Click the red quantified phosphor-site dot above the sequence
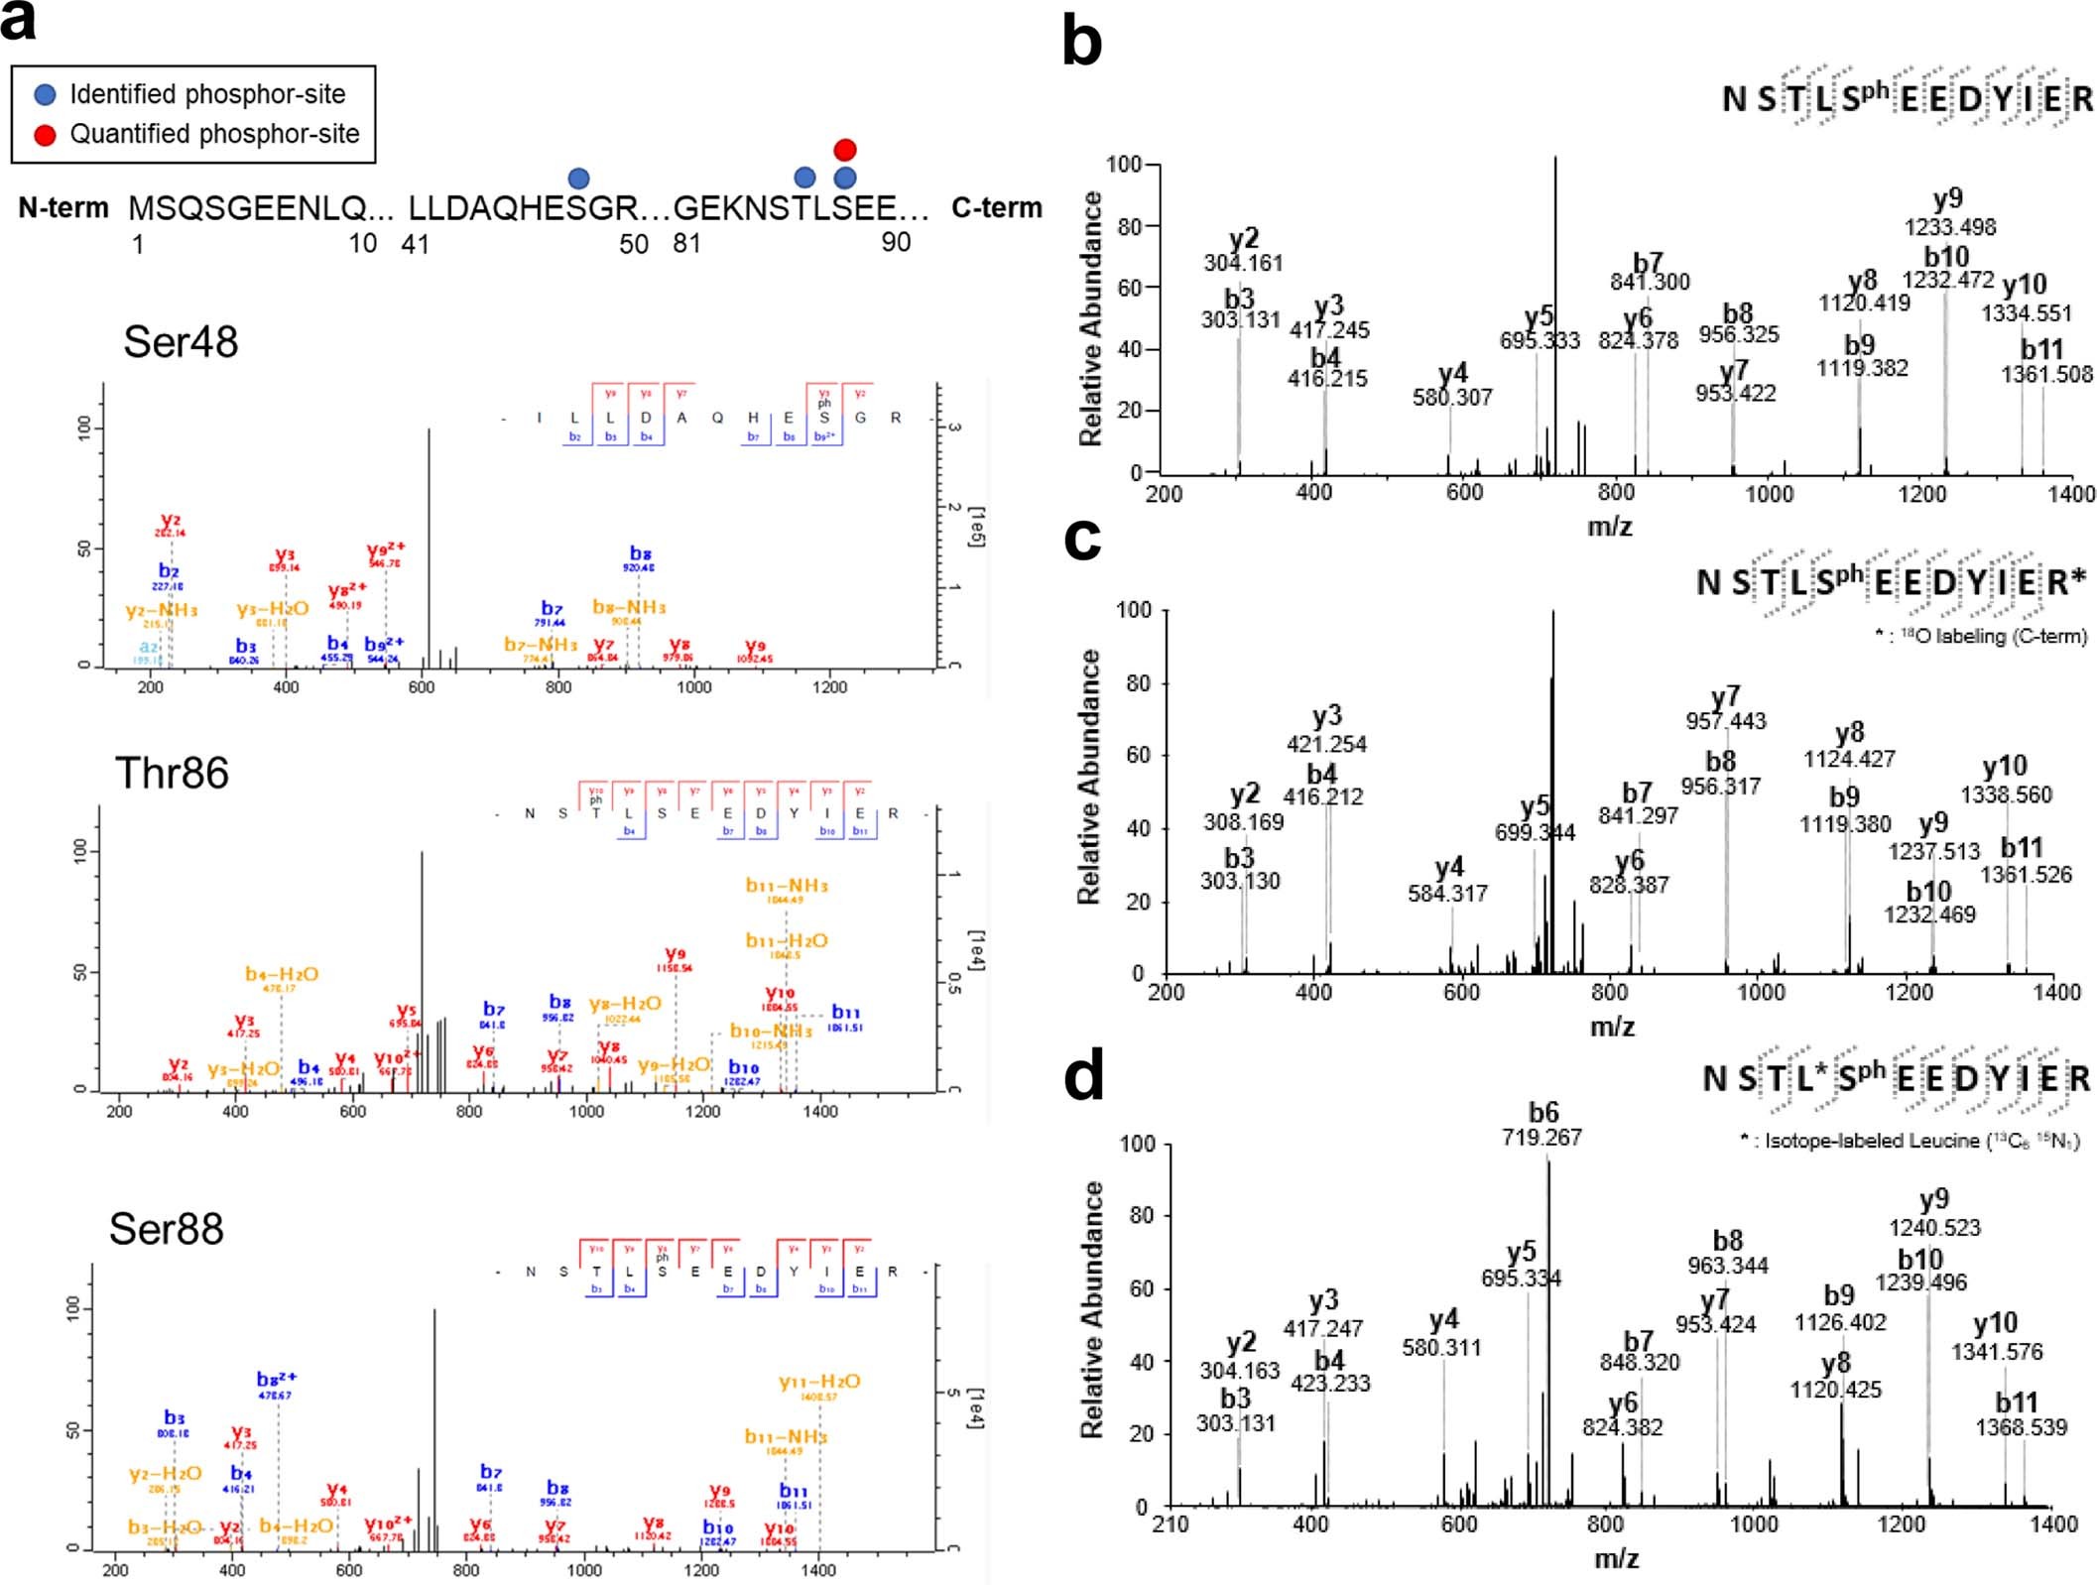pyautogui.click(x=844, y=150)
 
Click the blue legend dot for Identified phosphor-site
pyautogui.click(x=45, y=95)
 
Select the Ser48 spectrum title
pyautogui.click(x=181, y=342)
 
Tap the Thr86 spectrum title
pyautogui.click(x=172, y=774)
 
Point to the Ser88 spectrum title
pyautogui.click(x=166, y=1229)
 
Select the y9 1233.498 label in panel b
pyautogui.click(x=1949, y=212)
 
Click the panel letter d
pyautogui.click(x=1083, y=1078)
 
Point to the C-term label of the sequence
pyautogui.click(x=996, y=208)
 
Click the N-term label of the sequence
pyautogui.click(x=63, y=208)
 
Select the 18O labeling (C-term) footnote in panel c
pyautogui.click(x=1980, y=636)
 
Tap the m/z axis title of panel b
pyautogui.click(x=1609, y=526)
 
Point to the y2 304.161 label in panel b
pyautogui.click(x=1243, y=250)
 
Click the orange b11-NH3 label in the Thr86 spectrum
pyautogui.click(x=787, y=886)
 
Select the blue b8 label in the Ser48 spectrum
pyautogui.click(x=640, y=553)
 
